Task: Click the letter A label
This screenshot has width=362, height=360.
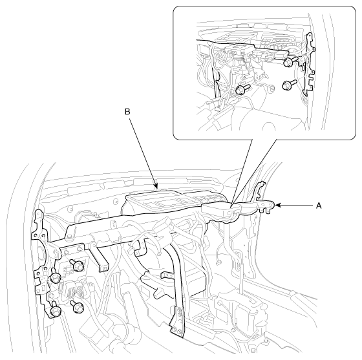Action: [x=319, y=206]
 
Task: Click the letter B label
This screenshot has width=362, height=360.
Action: [x=127, y=112]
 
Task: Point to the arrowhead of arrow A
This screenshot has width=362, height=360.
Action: [x=278, y=205]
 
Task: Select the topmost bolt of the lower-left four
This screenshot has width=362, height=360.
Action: [x=78, y=266]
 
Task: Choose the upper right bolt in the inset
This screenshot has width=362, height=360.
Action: [x=290, y=61]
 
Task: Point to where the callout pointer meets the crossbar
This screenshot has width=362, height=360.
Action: [x=232, y=204]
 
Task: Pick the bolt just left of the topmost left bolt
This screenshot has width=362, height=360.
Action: [x=54, y=276]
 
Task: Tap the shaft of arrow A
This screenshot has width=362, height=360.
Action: [x=297, y=205]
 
